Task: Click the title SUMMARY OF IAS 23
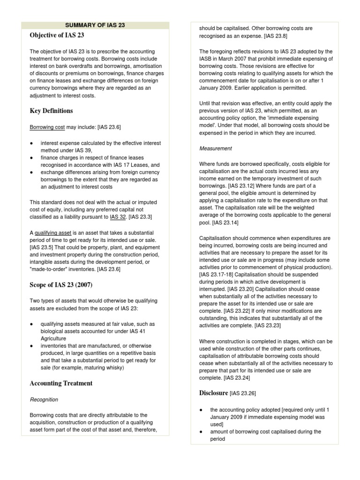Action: pos(95,25)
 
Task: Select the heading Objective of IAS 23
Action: pos(57,35)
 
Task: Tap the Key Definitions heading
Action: pos(51,111)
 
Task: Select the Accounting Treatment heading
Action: pos(61,383)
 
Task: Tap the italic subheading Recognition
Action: pos(44,400)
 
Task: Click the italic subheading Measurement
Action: pos(216,149)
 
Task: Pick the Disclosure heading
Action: pos(214,393)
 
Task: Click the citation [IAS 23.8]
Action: pos(276,36)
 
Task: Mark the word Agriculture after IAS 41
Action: pos(53,338)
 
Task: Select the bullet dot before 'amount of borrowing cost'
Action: pos(201,432)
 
